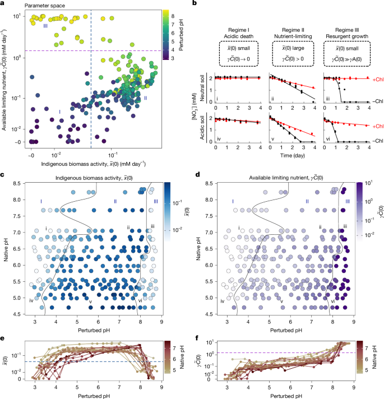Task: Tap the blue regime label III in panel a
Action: click(x=45, y=25)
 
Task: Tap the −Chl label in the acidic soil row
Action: click(x=374, y=141)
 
